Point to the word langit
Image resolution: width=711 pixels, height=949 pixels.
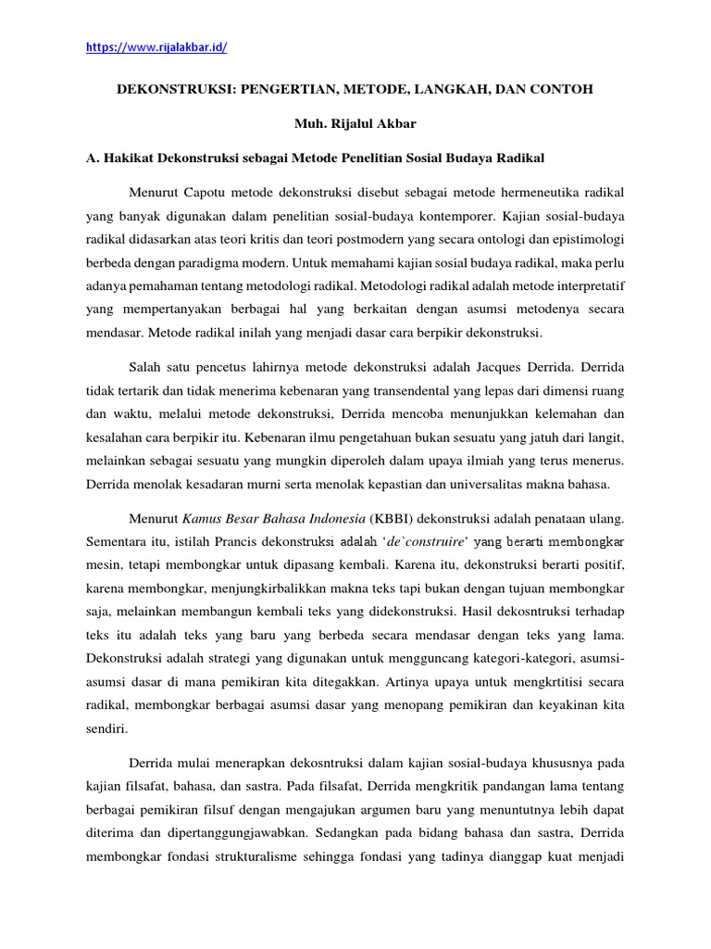pos(605,437)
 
